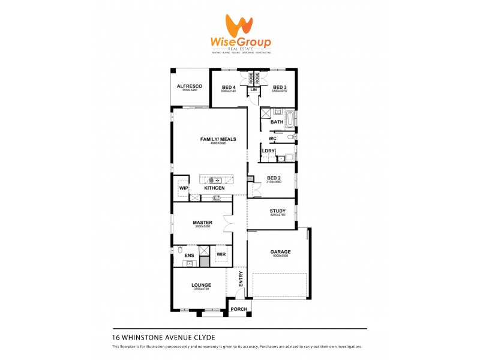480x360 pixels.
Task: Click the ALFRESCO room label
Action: pos(190,86)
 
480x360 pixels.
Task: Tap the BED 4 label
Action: pos(229,87)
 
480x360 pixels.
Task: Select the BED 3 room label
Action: pos(280,87)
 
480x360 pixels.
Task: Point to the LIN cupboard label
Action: pos(254,90)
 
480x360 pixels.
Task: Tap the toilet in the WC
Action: pos(290,137)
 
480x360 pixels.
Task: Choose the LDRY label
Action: pos(269,151)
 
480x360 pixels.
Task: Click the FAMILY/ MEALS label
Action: pos(218,139)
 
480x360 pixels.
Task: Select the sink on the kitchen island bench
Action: pos(217,179)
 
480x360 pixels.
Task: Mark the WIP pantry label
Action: pos(183,188)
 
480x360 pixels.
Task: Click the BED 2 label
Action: pos(274,178)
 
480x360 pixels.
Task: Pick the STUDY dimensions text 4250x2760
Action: pos(277,215)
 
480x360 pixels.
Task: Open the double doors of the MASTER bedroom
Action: pos(227,224)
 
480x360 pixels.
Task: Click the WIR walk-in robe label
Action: pos(221,254)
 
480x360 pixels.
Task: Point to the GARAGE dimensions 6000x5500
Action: pos(280,256)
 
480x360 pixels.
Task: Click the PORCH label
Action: pos(239,309)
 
